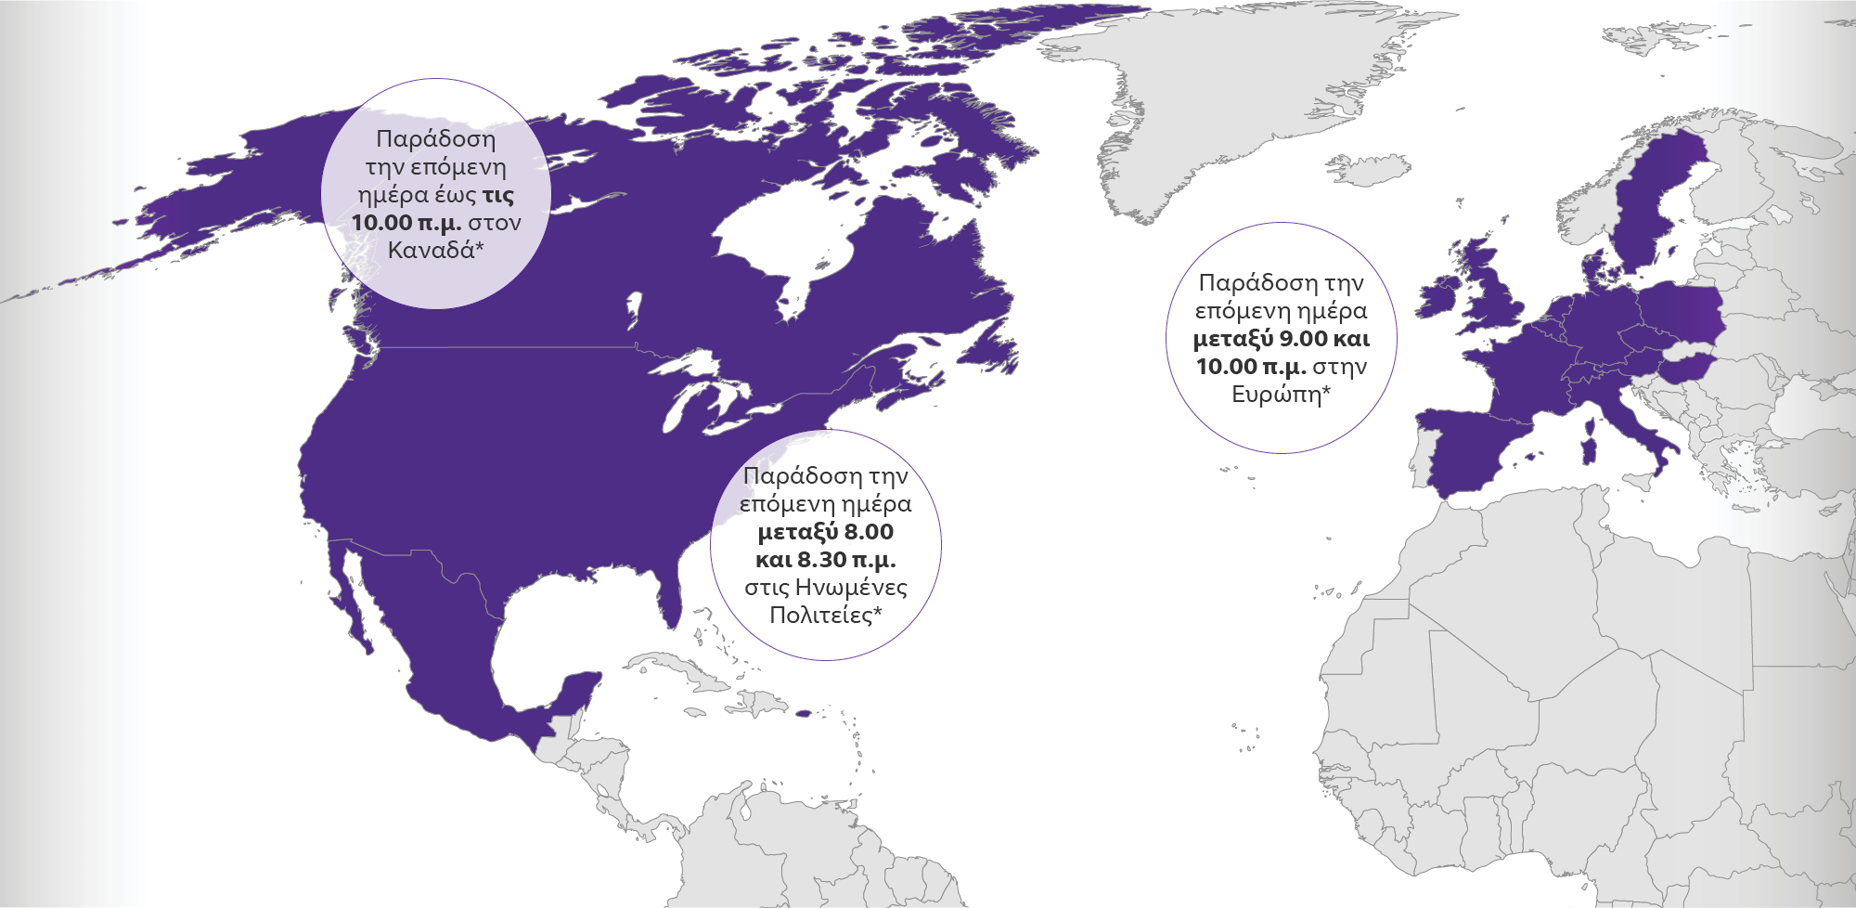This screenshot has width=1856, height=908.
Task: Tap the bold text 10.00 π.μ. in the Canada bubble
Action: point(406,223)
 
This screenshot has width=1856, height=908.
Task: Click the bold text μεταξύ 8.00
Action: point(825,532)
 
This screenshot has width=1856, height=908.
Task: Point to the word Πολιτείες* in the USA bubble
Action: point(825,616)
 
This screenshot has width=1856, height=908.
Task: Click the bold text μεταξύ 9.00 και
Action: point(1281,339)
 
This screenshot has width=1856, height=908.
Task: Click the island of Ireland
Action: point(1437,297)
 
